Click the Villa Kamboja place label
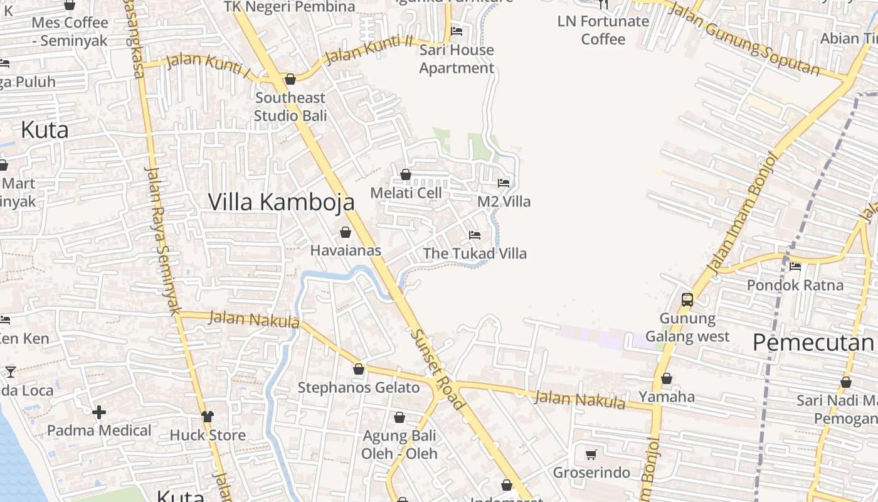281,202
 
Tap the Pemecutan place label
813,343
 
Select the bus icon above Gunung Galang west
687,299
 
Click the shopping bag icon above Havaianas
345,232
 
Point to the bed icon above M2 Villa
504,183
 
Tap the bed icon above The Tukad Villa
475,235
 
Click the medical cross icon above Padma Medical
99,412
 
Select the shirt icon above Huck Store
208,417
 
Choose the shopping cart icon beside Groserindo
591,454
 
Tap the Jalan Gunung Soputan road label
745,38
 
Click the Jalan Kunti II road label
369,50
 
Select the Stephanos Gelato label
359,387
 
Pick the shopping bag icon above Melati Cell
406,174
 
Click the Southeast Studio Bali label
290,107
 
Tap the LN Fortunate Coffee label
603,30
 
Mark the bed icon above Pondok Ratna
795,266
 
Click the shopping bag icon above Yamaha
667,378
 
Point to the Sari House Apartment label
457,59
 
